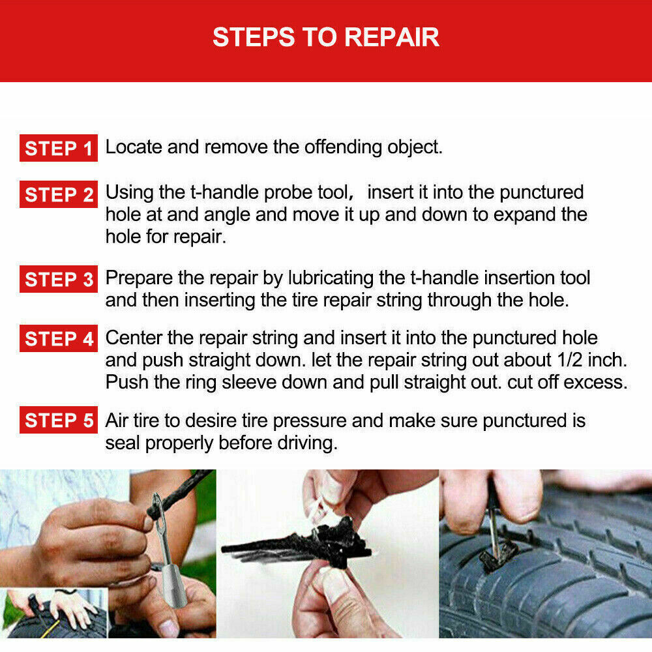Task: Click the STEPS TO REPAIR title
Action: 325,37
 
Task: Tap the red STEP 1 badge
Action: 59,148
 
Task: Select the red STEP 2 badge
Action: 59,194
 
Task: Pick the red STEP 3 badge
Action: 59,279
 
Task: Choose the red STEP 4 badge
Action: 59,338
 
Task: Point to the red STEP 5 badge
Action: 59,420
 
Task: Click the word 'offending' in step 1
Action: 343,147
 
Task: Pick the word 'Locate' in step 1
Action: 134,147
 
